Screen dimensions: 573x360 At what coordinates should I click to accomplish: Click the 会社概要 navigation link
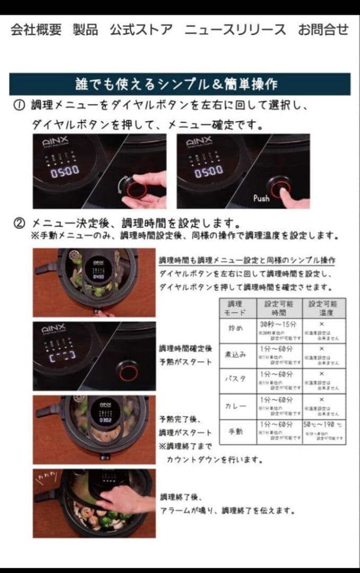[36, 30]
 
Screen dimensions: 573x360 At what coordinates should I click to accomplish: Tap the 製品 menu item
[85, 30]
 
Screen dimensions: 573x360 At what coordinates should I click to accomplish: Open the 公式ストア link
[141, 30]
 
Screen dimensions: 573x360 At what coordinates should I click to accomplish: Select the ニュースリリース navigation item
[235, 30]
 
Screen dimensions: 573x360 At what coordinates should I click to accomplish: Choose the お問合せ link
[323, 30]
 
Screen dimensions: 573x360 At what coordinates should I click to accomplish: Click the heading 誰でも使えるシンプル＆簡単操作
[180, 84]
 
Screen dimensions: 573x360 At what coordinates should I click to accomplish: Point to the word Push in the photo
[261, 198]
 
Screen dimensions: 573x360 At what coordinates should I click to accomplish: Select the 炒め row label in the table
[235, 328]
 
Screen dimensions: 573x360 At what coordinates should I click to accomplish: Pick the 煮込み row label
[235, 354]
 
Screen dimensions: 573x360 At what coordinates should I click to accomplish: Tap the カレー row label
[235, 406]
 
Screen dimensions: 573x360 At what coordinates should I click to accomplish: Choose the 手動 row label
[235, 431]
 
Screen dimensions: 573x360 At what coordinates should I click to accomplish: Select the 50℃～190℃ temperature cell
[323, 426]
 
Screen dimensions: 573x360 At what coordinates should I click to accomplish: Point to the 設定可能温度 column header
[323, 308]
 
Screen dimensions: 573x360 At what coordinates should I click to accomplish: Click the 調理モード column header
[235, 308]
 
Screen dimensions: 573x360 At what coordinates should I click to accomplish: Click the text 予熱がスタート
[186, 361]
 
